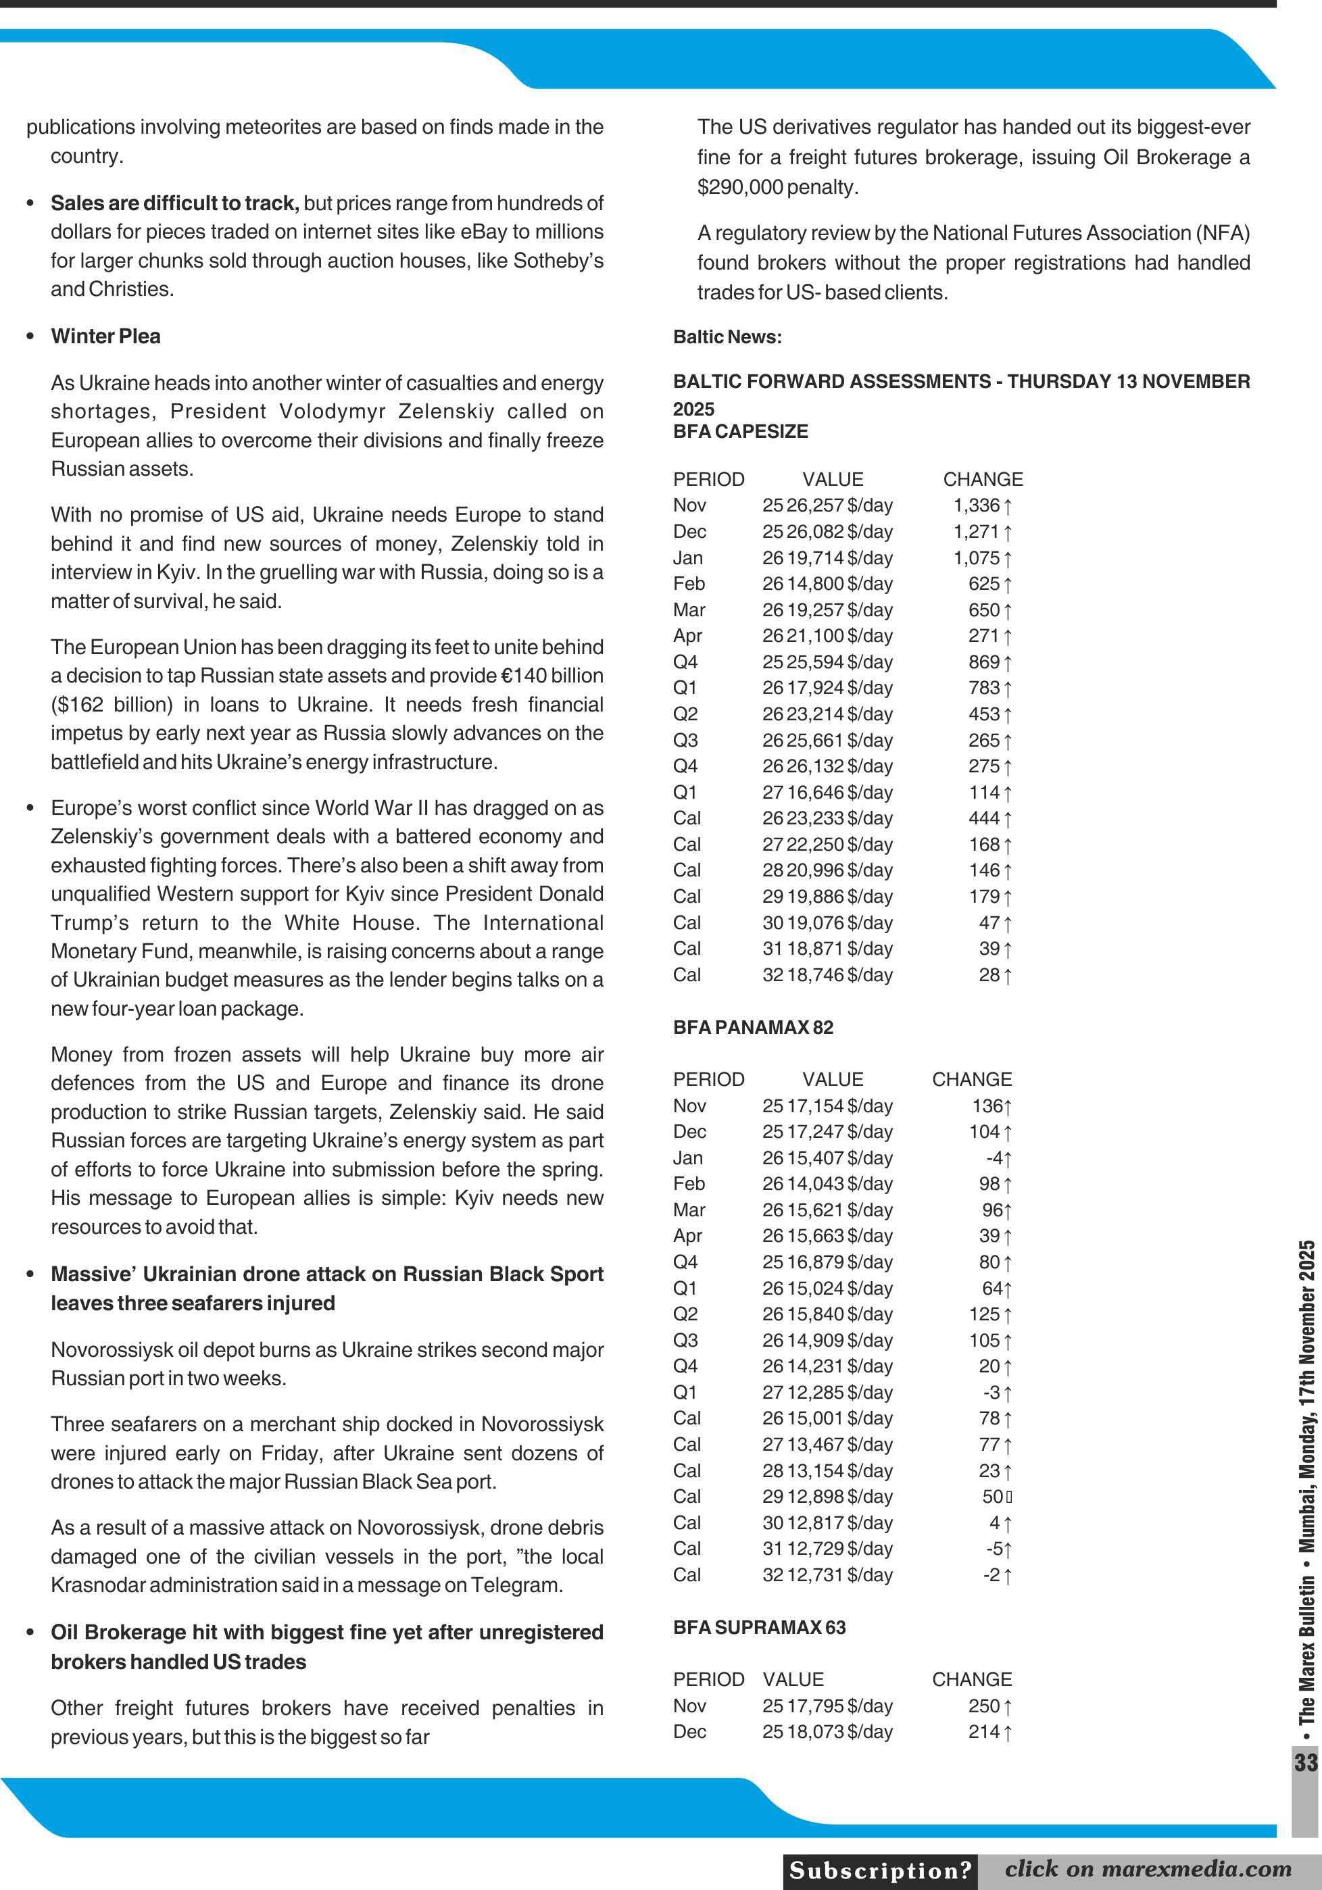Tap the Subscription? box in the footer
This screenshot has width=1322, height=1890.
pyautogui.click(x=880, y=1870)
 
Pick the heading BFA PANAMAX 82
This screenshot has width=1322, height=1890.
pyautogui.click(x=752, y=1027)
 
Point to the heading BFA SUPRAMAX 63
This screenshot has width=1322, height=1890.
pyautogui.click(x=759, y=1627)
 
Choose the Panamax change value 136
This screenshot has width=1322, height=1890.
pyautogui.click(x=987, y=1105)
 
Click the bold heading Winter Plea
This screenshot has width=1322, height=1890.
pyautogui.click(x=105, y=336)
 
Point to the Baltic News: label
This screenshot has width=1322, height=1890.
pyautogui.click(x=727, y=337)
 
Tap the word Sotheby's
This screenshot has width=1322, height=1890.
pyautogui.click(x=558, y=261)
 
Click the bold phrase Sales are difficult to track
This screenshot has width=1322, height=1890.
pyautogui.click(x=174, y=203)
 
